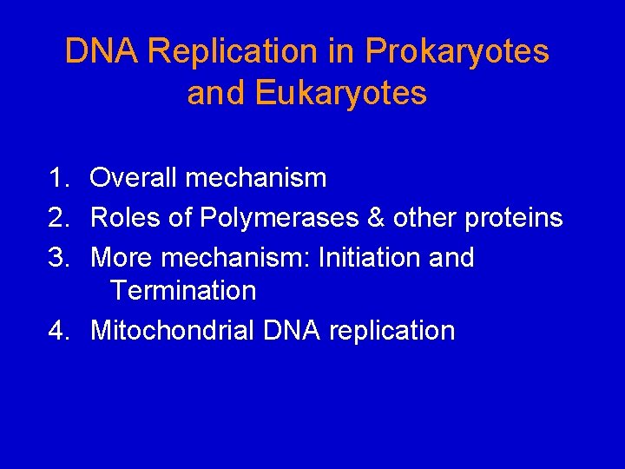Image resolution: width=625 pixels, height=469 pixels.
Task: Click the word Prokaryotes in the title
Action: click(x=457, y=52)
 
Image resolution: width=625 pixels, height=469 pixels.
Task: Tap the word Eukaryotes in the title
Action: click(x=340, y=93)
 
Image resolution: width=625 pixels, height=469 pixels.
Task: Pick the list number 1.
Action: click(x=58, y=178)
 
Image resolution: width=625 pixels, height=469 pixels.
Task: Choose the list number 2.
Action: click(x=58, y=218)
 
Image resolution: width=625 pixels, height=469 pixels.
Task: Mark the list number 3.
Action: click(x=58, y=258)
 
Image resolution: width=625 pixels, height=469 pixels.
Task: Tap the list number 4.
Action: click(x=58, y=331)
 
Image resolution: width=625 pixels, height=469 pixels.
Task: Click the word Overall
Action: click(x=133, y=178)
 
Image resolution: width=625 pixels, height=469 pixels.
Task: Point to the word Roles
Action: click(x=126, y=218)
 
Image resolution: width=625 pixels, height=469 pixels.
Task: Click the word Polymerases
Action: click(x=279, y=218)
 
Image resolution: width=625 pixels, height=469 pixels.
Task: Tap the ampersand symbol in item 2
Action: click(x=375, y=218)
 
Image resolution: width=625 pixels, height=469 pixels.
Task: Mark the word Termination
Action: click(x=183, y=291)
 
